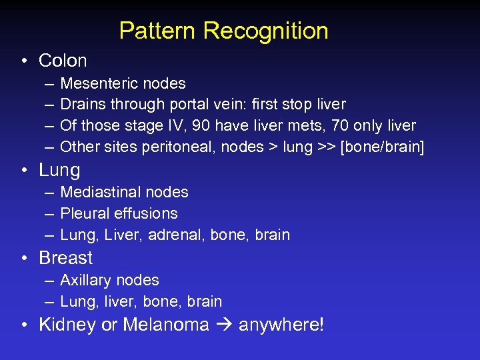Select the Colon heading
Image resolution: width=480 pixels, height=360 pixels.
point(63,61)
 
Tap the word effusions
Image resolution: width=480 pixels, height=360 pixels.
point(145,213)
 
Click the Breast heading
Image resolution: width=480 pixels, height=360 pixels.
point(65,258)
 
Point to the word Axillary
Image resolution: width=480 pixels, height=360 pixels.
point(86,280)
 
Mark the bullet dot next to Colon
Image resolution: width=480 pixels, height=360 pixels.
point(23,61)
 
